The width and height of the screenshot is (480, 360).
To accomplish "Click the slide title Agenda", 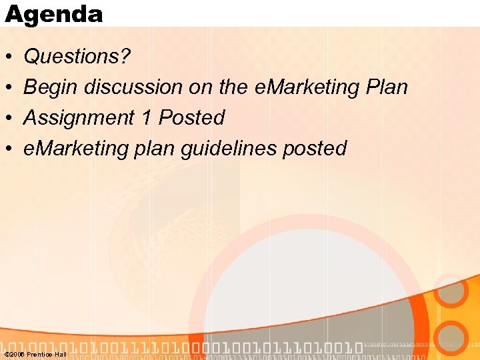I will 54,13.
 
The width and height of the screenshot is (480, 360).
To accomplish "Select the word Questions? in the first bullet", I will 77,57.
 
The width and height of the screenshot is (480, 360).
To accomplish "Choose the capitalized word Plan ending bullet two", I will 385,87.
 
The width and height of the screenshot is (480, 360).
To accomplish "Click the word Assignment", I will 79,118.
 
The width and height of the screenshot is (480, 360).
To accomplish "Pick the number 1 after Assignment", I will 146,118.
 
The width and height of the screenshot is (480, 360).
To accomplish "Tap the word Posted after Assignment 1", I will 191,118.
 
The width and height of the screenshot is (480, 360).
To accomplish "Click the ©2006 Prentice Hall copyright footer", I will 35,354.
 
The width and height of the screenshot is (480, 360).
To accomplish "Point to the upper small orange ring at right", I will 452,291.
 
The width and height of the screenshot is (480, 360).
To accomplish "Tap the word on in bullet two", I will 201,87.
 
